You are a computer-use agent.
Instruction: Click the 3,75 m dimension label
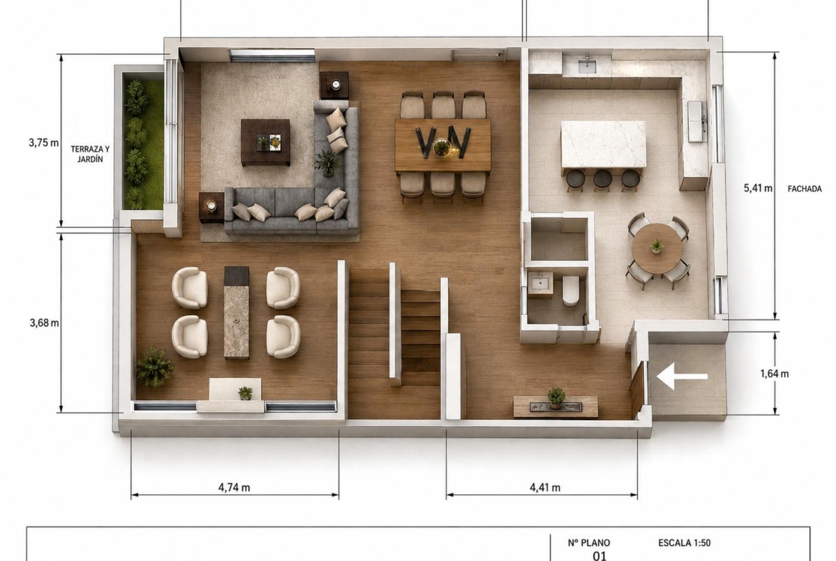44,143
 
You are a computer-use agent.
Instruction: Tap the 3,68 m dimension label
44,322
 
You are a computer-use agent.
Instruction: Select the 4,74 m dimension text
234,487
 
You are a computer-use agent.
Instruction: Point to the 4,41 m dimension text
545,487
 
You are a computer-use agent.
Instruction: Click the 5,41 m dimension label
757,188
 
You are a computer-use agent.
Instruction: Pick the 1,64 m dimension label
774,374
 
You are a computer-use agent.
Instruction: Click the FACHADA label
805,188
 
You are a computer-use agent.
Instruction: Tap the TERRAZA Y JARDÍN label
90,154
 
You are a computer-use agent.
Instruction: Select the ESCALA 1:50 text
684,543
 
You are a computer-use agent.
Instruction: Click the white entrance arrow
682,377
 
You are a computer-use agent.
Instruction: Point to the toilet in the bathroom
570,291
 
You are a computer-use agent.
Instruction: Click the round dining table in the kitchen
657,249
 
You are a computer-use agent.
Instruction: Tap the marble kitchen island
603,144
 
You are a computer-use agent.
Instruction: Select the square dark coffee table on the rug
265,142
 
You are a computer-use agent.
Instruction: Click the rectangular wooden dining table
442,146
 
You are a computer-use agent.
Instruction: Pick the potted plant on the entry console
556,397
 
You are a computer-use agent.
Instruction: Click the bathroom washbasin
541,282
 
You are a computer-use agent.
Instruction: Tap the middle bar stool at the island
602,179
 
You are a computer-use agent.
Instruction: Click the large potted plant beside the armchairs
154,366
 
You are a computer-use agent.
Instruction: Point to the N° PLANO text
589,543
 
